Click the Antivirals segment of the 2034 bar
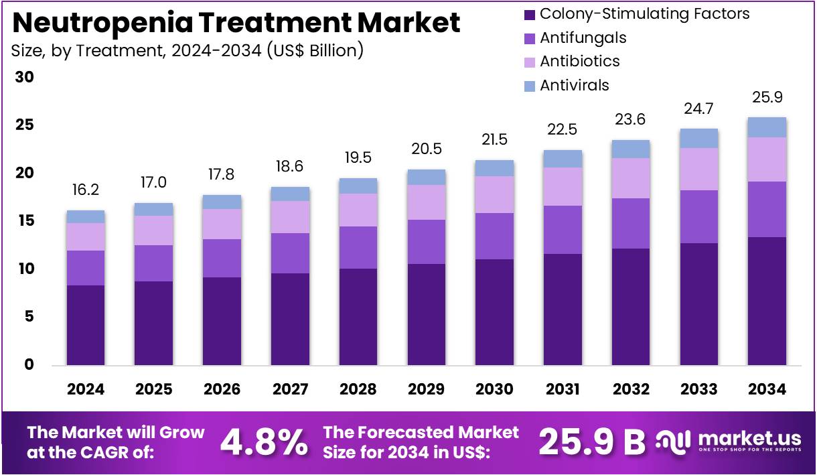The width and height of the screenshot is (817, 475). pyautogui.click(x=767, y=127)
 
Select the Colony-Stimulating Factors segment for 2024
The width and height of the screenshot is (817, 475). pyautogui.click(x=86, y=325)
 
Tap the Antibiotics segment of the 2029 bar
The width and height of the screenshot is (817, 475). pyautogui.click(x=427, y=202)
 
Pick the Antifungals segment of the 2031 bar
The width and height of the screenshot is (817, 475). pyautogui.click(x=563, y=230)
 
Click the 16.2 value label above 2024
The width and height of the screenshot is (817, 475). pyautogui.click(x=86, y=191)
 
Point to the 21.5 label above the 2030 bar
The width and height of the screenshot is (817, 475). pyautogui.click(x=495, y=140)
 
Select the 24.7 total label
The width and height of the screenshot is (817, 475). pyautogui.click(x=699, y=109)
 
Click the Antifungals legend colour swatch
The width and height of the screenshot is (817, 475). pyautogui.click(x=530, y=38)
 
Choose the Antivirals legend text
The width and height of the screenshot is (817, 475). pyautogui.click(x=575, y=85)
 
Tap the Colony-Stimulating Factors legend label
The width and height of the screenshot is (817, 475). pyautogui.click(x=644, y=13)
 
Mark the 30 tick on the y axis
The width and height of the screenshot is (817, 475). pyautogui.click(x=25, y=78)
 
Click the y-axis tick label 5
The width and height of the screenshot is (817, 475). pyautogui.click(x=28, y=317)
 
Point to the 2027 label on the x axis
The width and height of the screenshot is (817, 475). pyautogui.click(x=291, y=389)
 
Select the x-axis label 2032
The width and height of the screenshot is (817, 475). pyautogui.click(x=631, y=389)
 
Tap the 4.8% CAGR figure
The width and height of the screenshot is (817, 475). pyautogui.click(x=264, y=442)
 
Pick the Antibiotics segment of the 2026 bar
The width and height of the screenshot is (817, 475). pyautogui.click(x=222, y=224)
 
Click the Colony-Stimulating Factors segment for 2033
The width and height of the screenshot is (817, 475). pyautogui.click(x=699, y=304)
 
